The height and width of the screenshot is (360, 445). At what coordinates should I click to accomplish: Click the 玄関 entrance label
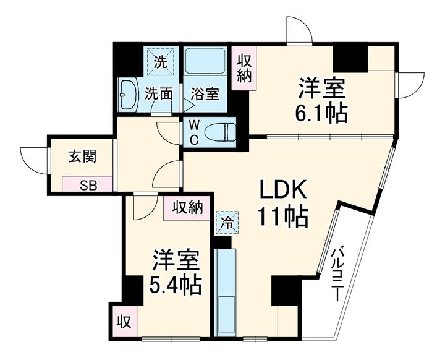82,156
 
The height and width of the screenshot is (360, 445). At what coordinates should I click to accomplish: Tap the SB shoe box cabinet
87,184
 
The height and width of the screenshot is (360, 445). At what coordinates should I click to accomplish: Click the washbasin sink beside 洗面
129,95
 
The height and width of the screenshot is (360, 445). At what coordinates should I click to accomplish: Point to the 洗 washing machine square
160,62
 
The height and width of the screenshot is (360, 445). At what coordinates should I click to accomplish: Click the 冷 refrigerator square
227,223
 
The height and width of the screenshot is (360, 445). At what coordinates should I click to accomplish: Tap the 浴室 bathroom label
205,94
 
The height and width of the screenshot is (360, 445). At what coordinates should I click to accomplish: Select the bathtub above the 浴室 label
205,61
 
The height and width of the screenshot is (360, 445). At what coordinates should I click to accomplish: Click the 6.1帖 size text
321,113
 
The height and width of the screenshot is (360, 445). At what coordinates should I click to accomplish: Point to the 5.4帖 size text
176,285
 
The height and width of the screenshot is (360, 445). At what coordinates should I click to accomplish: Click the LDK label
283,189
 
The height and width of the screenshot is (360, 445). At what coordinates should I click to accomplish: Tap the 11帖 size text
282,217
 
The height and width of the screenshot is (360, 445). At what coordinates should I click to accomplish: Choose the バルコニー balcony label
337,274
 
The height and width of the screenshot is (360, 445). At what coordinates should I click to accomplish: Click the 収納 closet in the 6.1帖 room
244,69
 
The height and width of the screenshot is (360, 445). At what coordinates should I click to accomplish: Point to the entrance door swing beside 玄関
35,161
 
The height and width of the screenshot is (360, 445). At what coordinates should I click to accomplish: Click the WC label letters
194,132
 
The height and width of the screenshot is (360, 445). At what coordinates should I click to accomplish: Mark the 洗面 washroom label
159,94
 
